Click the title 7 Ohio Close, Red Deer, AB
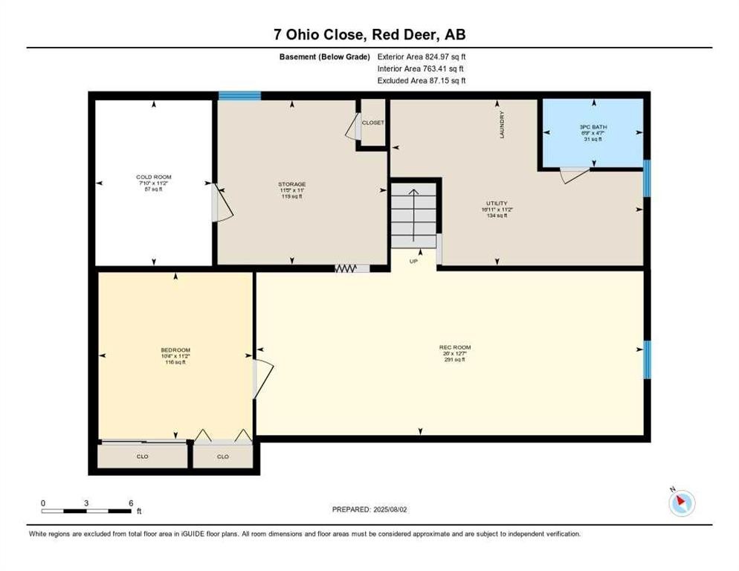[x=369, y=35]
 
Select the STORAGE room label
[x=292, y=184]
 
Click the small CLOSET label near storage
[x=372, y=123]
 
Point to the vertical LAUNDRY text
[x=503, y=125]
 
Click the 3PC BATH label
[x=593, y=127]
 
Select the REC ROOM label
[x=454, y=347]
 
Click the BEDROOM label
[x=175, y=350]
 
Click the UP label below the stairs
[x=413, y=262]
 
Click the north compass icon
[x=681, y=503]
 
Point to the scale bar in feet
[x=87, y=510]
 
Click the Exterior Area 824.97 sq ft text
[x=422, y=57]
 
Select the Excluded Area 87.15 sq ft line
[x=422, y=80]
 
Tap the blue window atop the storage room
[x=239, y=95]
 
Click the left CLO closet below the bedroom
[x=143, y=457]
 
